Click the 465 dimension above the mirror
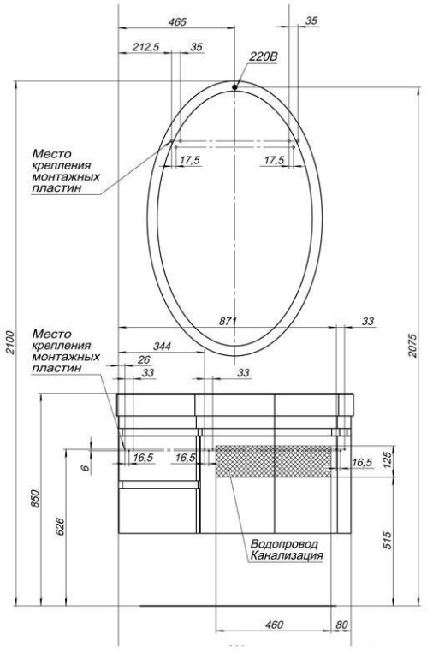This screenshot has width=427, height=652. coord(177,22)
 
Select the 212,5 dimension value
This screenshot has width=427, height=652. coord(147,48)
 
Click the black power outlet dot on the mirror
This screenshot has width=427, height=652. coord(236,85)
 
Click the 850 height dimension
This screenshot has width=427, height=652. coord(35,500)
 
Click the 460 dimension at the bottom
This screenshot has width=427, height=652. coord(273,625)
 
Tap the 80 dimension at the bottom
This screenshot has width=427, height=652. coord(341,625)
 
